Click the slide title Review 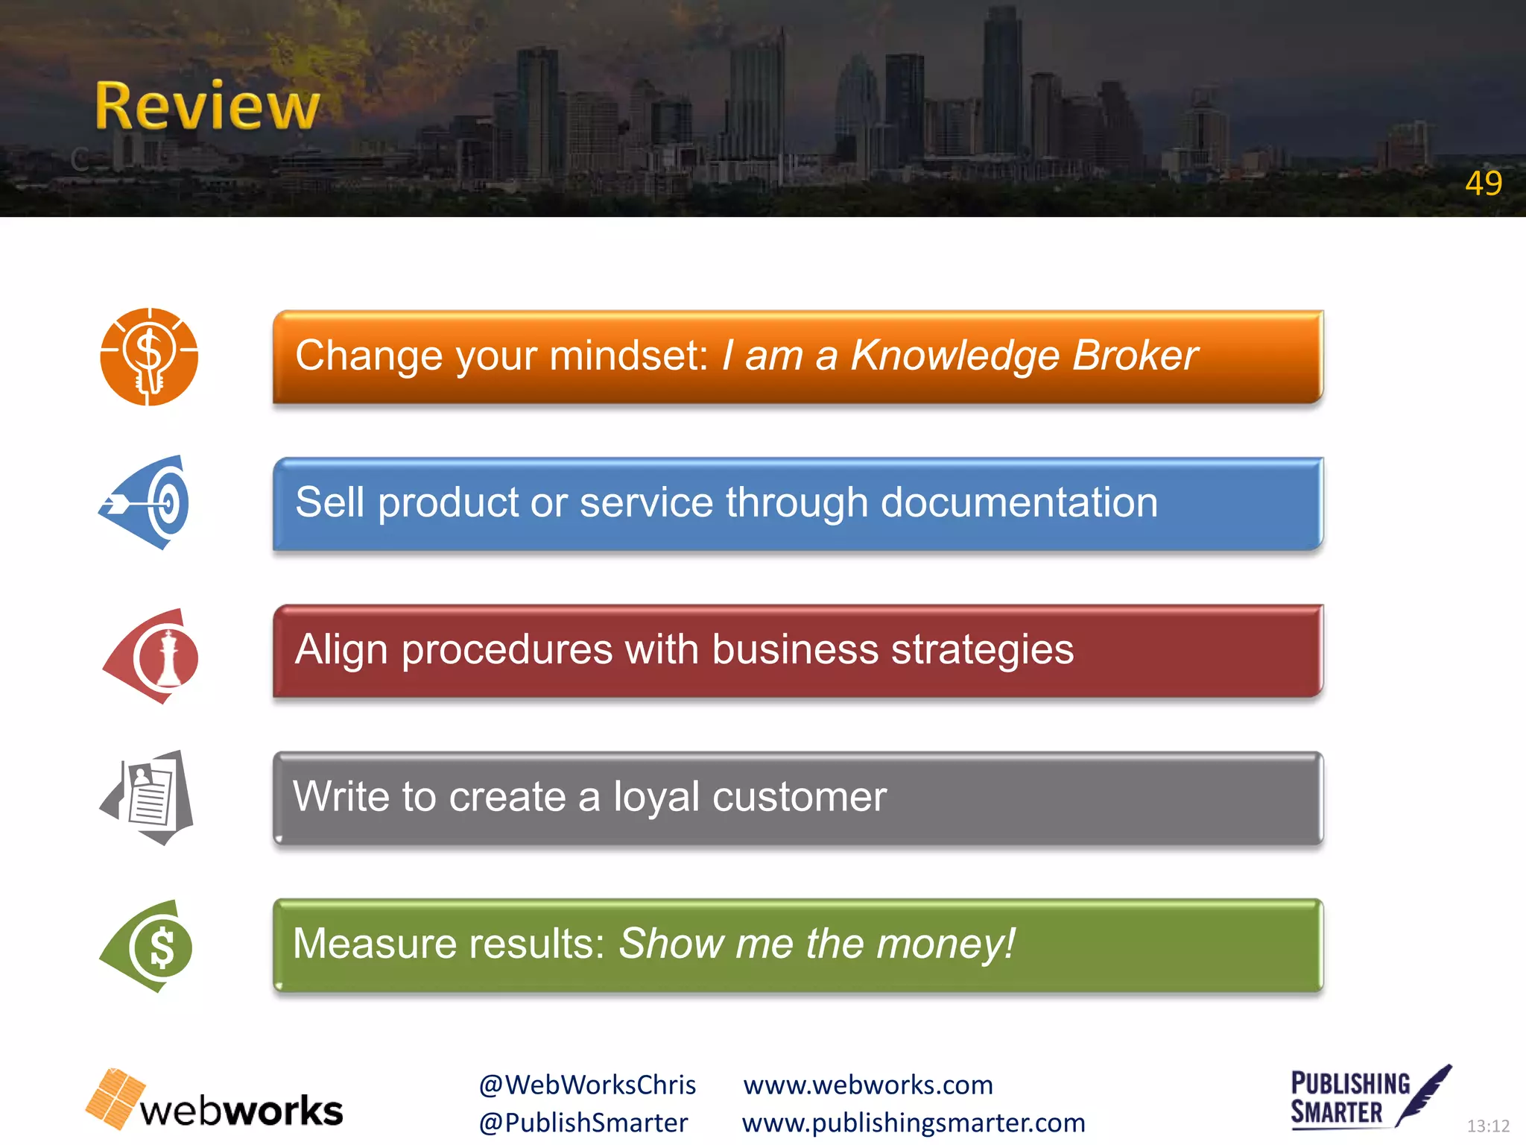click(207, 107)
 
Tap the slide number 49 click(1483, 183)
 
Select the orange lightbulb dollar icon click(149, 356)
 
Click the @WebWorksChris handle click(587, 1085)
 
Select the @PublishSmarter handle click(583, 1123)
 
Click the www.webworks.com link click(868, 1085)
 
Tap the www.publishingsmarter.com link click(914, 1123)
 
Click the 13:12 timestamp click(1487, 1126)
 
